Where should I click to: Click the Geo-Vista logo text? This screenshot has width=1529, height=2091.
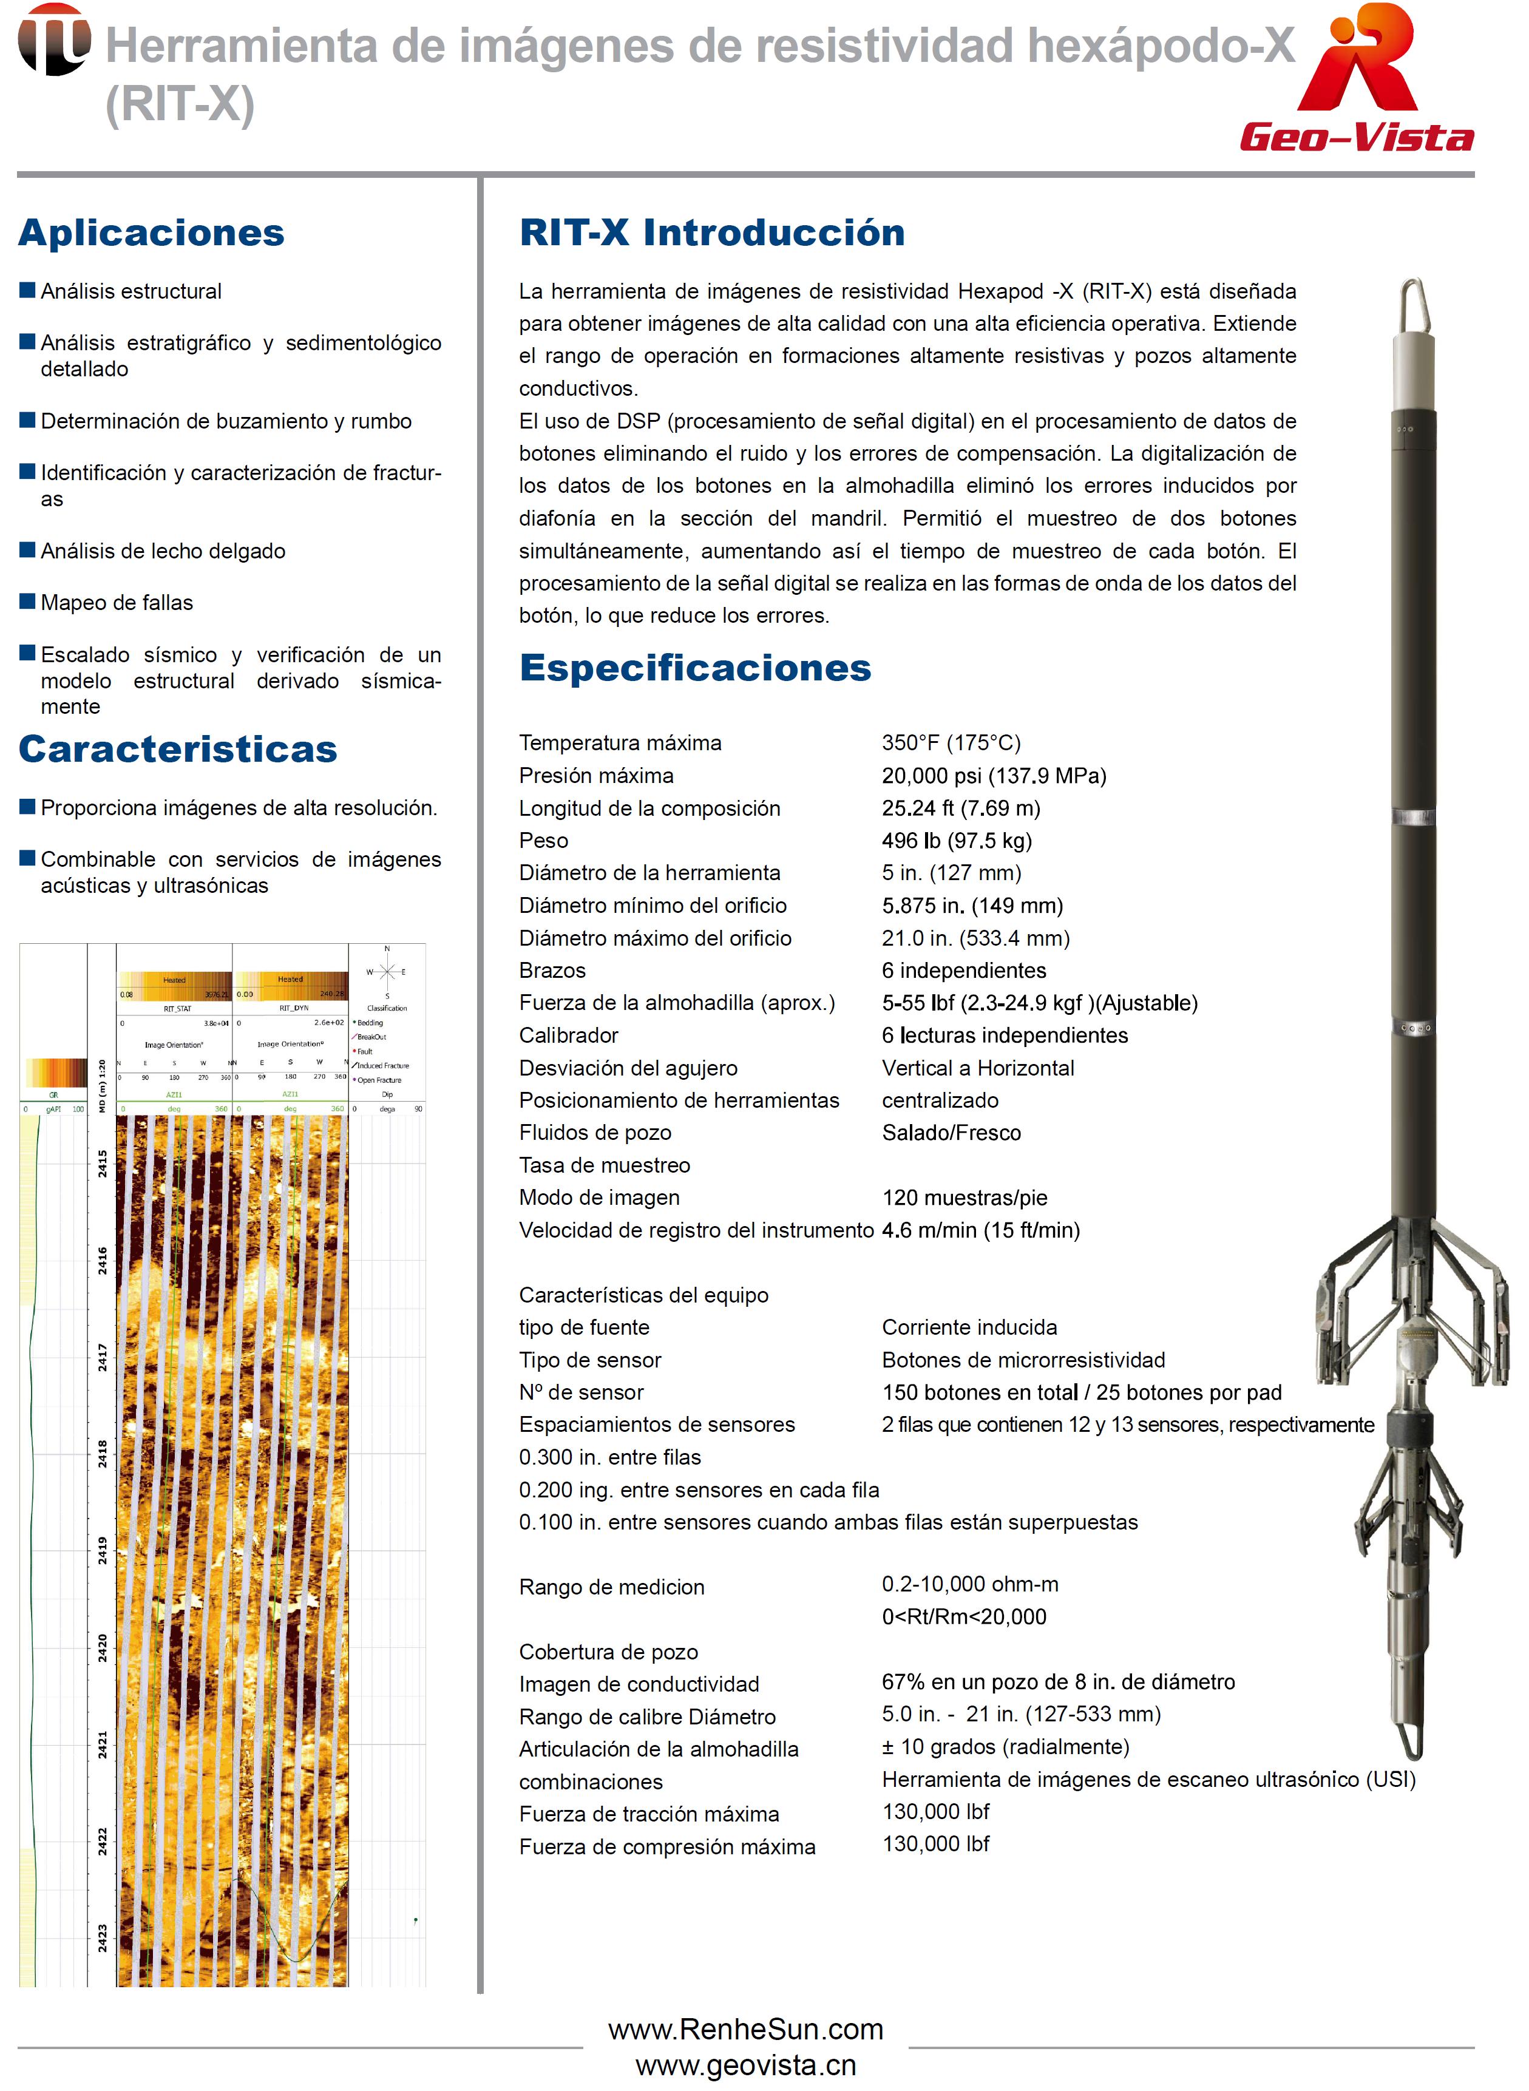[x=1357, y=137]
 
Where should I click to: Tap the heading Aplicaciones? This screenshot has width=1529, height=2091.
[x=151, y=232]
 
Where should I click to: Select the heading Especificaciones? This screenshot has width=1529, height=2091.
[x=695, y=668]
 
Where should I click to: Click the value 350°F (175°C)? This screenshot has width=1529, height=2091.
[x=951, y=742]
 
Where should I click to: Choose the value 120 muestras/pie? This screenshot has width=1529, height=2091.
[x=965, y=1198]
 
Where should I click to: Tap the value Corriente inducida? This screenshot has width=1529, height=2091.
[x=969, y=1327]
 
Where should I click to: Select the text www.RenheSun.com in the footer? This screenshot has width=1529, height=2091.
[x=745, y=2030]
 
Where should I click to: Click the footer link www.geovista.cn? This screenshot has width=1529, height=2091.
[x=745, y=2065]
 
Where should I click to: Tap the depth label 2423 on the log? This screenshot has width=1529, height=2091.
[x=102, y=1937]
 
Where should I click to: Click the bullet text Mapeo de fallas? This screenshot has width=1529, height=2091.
[x=117, y=603]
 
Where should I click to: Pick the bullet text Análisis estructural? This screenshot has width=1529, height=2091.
[x=131, y=291]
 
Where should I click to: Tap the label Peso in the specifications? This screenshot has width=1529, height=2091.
[x=543, y=841]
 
